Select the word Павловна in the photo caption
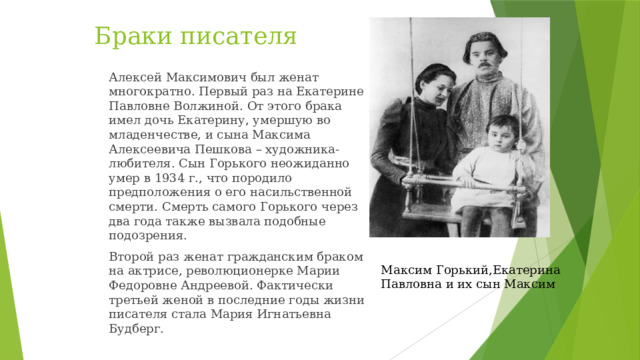pyautogui.click(x=407, y=284)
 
